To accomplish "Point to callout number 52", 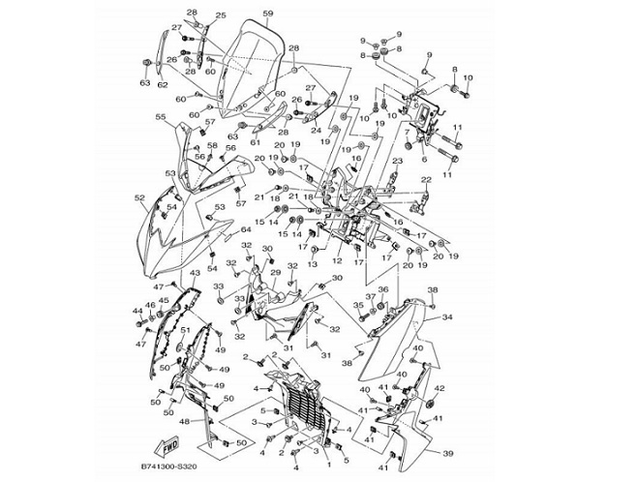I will [139, 198].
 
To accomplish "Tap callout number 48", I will [184, 421].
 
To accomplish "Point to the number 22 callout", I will [426, 179].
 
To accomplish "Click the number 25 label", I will [220, 15].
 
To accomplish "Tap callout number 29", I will [275, 275].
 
